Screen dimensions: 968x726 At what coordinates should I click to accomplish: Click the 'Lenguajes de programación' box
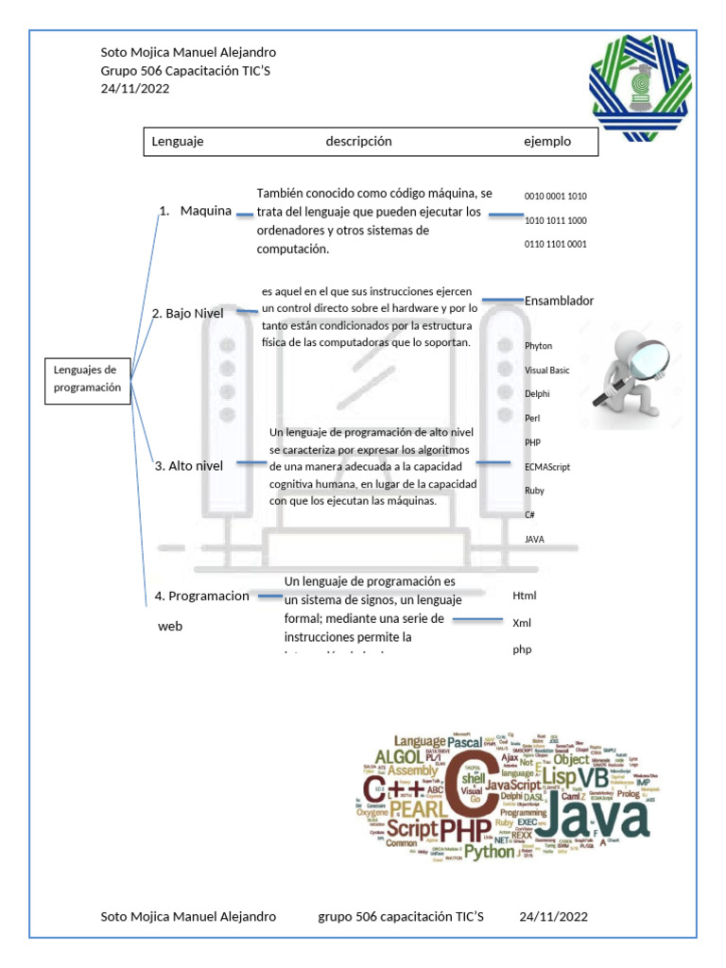tap(88, 379)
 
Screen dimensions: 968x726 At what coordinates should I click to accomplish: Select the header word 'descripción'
tap(358, 142)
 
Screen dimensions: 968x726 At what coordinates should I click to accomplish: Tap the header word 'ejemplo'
tap(547, 142)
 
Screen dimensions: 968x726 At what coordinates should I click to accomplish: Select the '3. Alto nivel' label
tap(189, 465)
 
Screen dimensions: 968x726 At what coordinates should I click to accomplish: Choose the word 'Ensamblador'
tap(559, 301)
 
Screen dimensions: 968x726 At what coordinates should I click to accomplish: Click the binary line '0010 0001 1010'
tap(555, 197)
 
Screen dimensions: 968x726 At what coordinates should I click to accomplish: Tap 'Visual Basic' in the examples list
tap(546, 371)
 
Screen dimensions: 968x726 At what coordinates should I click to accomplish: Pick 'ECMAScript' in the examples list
tap(547, 467)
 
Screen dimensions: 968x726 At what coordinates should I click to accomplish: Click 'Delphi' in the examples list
tap(536, 394)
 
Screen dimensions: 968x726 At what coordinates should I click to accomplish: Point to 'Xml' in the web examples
tap(522, 623)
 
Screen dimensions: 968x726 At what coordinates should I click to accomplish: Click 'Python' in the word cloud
tap(489, 851)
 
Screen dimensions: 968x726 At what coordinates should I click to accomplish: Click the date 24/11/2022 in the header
tap(134, 88)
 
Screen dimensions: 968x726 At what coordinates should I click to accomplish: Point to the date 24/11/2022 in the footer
tap(553, 916)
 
